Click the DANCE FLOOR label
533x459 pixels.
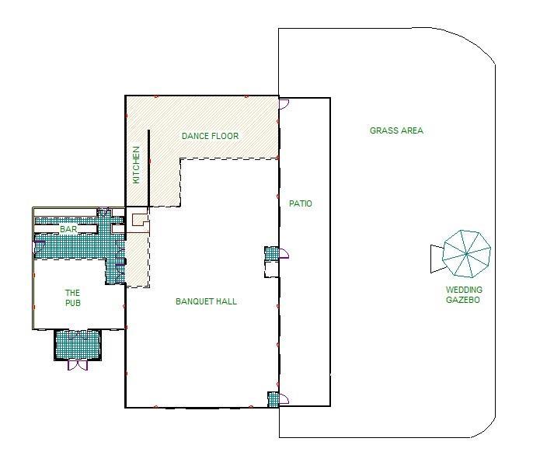[x=210, y=136]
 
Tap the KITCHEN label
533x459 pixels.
[x=136, y=165]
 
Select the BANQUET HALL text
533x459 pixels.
[x=207, y=301]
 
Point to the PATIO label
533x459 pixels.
[x=301, y=203]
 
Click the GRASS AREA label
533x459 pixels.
[x=396, y=130]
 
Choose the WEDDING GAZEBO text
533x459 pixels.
[x=464, y=294]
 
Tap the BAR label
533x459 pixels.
[x=68, y=229]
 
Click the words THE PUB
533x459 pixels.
[x=73, y=297]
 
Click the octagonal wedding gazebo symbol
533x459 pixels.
[x=466, y=254]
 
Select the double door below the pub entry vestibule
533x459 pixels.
[x=78, y=365]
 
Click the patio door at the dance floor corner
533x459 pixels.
[x=284, y=103]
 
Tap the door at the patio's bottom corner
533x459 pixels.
[x=284, y=398]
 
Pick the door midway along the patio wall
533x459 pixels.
[x=284, y=253]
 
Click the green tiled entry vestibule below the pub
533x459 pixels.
[x=78, y=345]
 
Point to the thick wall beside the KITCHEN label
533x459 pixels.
[x=148, y=169]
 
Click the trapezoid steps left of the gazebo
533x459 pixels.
[x=437, y=259]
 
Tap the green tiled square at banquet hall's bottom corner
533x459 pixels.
[x=273, y=399]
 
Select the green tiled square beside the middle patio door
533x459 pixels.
[x=272, y=253]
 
